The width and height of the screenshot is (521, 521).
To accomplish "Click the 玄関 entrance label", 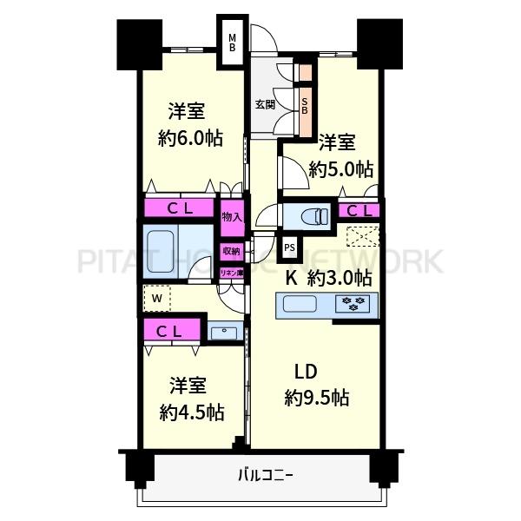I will pyautogui.click(x=265, y=105).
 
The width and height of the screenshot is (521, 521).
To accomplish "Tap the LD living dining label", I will pyautogui.click(x=303, y=374).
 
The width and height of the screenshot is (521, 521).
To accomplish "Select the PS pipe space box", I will pyautogui.click(x=289, y=248).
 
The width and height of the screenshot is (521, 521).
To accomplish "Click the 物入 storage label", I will pyautogui.click(x=232, y=216).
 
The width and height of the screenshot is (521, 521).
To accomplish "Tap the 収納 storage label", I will pyautogui.click(x=231, y=252).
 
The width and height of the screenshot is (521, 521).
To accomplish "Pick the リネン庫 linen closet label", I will pyautogui.click(x=230, y=273).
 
